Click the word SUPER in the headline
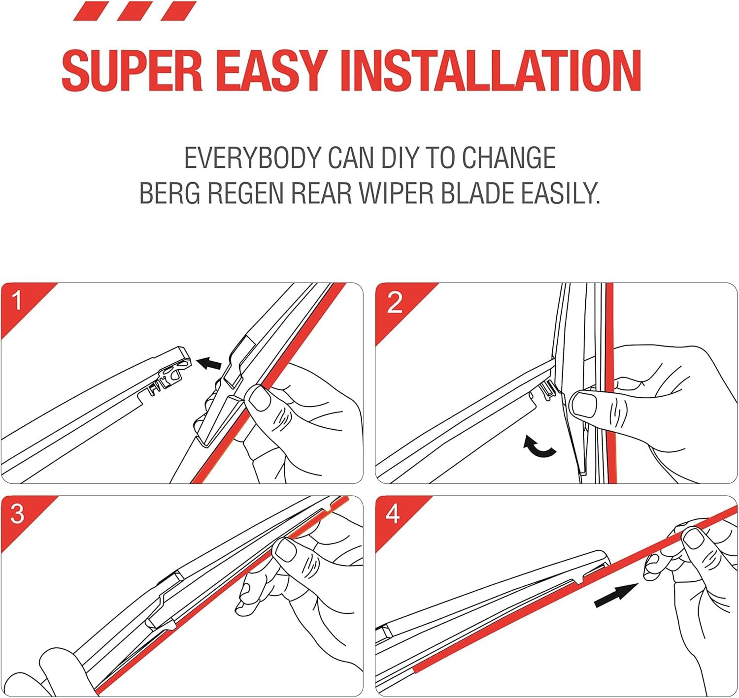[132, 70]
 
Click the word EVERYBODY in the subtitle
[252, 158]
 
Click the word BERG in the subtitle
[169, 193]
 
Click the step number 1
[17, 300]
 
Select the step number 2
[394, 302]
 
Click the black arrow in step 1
[209, 363]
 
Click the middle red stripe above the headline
[134, 10]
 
